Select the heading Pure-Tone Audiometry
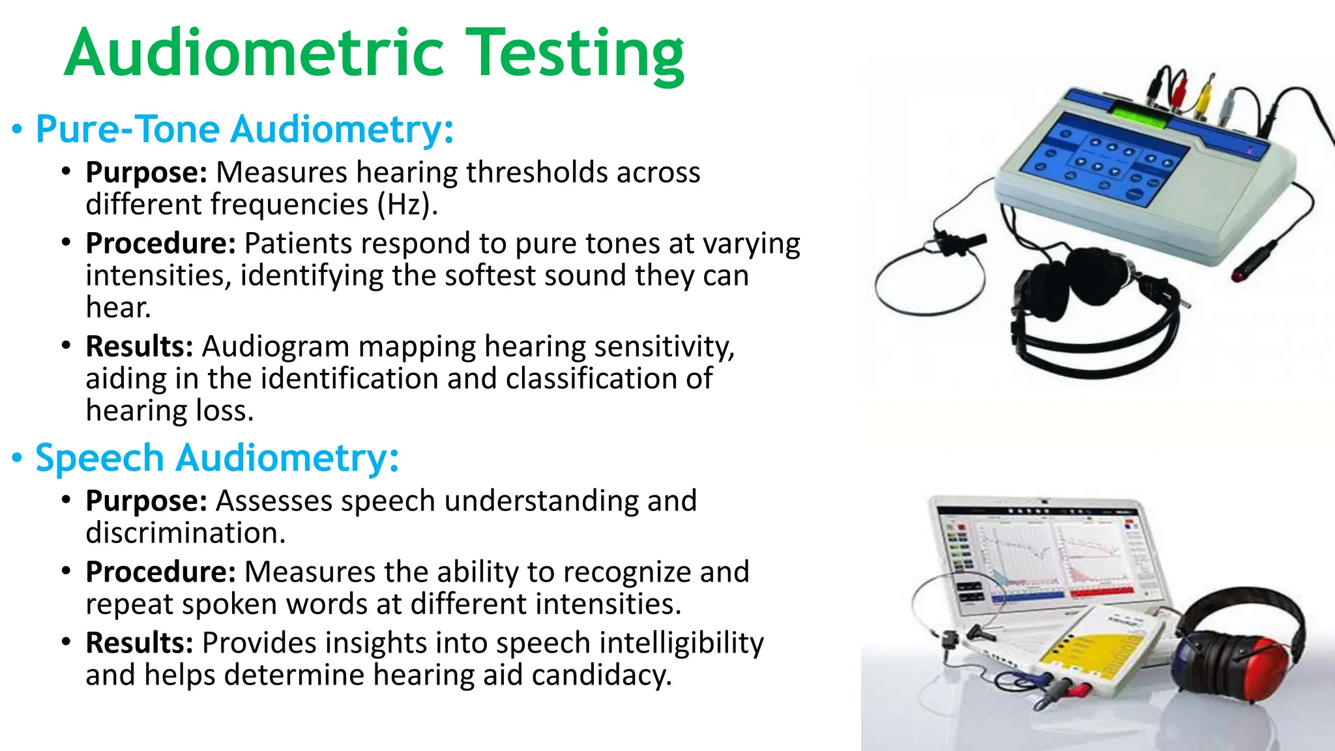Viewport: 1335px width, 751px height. click(x=244, y=129)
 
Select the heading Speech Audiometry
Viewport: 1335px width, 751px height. click(x=217, y=458)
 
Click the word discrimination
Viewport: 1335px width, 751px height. click(x=186, y=533)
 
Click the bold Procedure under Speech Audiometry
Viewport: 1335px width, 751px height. click(x=160, y=572)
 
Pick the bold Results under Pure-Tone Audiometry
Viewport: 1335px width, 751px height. click(x=139, y=346)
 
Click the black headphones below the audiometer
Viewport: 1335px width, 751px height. click(x=1095, y=306)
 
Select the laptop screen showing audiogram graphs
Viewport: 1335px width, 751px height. click(x=1043, y=554)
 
